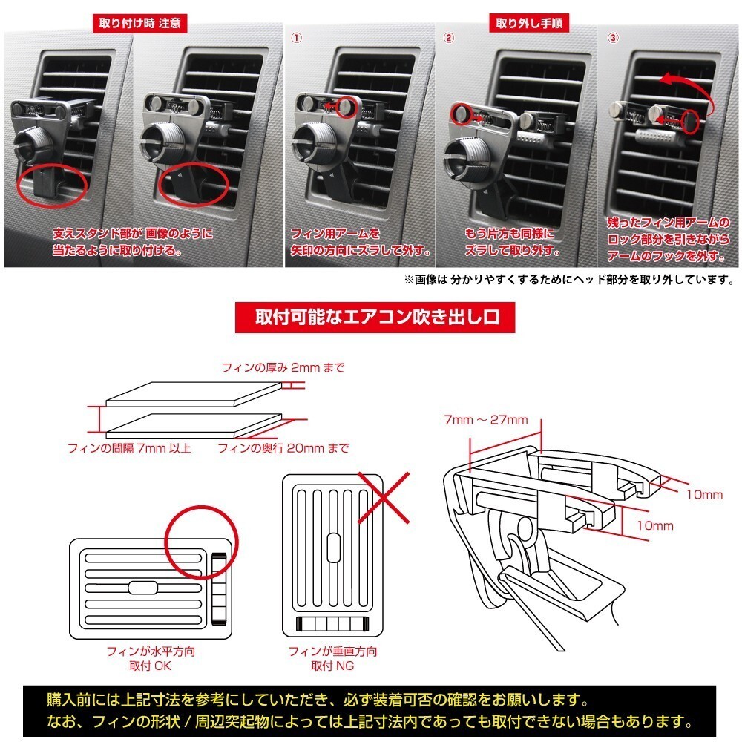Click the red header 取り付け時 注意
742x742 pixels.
pos(140,22)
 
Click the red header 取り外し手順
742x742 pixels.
pos(528,22)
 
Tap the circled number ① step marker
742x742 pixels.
pos(295,36)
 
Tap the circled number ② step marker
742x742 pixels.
pos(448,36)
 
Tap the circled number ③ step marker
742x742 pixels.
pos(611,36)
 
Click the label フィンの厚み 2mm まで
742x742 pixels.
pos(283,367)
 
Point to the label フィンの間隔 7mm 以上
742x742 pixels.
pos(129,448)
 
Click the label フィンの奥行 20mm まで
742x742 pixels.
pos(283,448)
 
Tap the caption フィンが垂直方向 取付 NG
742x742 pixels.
pos(331,659)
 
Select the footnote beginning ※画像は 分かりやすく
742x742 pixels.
pos(568,280)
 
